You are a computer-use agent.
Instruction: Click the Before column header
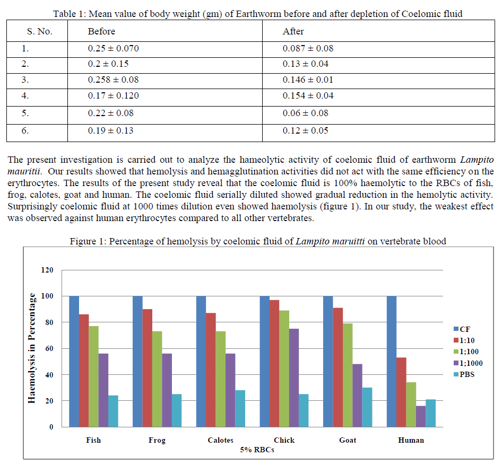click(101, 32)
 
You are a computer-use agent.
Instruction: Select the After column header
click(293, 32)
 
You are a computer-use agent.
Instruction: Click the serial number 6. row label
click(25, 130)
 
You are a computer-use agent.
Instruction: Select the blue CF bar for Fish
click(74, 361)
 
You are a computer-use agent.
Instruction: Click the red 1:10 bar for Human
click(401, 392)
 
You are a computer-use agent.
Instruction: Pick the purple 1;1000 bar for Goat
click(357, 395)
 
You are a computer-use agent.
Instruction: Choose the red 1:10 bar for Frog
click(147, 368)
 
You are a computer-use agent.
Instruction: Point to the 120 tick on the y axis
click(48, 270)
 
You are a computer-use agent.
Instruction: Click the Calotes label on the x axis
click(220, 440)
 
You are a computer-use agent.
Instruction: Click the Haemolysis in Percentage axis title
click(32, 348)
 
